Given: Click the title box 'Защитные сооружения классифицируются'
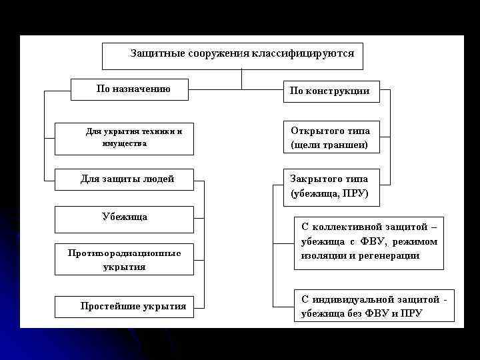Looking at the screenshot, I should pos(232,56).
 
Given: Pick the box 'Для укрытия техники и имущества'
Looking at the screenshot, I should pos(124,139).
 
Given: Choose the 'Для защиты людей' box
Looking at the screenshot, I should pos(124,179).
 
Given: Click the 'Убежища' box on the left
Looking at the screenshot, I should pos(124,219).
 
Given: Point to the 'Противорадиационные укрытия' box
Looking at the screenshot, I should pos(124,259).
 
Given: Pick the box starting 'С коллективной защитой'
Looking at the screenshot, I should pos(369,242).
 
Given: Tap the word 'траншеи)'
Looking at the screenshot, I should pos(346,144).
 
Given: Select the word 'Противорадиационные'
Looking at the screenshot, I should pos(124,253).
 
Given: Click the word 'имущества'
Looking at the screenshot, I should pos(125,143).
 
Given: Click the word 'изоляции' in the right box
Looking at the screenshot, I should pos(320,255).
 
